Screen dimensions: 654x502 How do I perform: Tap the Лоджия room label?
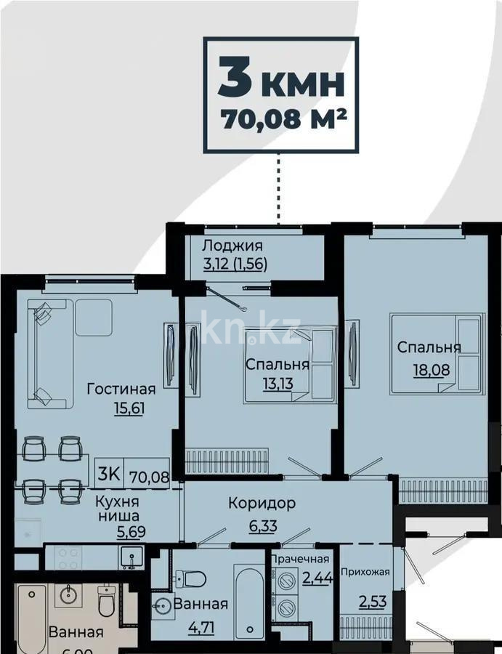[x=232, y=246]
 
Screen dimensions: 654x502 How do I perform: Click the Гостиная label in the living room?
[x=121, y=388]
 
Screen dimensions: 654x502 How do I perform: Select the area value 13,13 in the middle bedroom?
[x=277, y=382]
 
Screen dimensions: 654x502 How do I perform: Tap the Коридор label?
[x=262, y=503]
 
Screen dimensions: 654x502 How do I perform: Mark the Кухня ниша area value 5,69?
[x=131, y=531]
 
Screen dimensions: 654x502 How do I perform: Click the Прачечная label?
[x=300, y=560]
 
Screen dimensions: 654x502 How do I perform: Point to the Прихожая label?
[x=365, y=571]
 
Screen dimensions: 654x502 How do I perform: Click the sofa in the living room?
[x=47, y=353]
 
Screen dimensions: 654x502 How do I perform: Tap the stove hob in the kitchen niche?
[x=69, y=558]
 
